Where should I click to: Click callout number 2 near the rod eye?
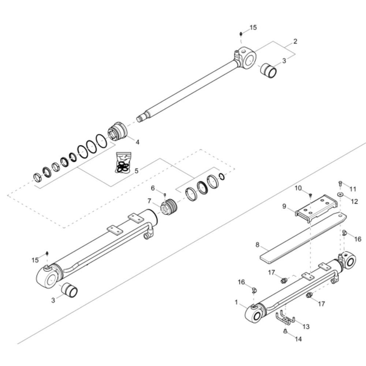pos(295,42)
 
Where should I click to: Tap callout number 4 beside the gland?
pos(138,142)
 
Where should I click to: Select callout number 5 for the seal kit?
pos(136,171)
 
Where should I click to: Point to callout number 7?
pos(149,201)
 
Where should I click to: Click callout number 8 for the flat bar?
pos(257,244)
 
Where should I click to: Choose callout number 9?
pos(284,206)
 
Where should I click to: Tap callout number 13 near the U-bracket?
pos(306,326)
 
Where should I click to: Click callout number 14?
pos(298,339)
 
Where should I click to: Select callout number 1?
pos(236,303)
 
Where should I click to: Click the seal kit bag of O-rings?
pos(123,163)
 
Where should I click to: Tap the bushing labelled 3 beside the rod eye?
pos(268,70)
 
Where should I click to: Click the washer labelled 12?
pos(340,194)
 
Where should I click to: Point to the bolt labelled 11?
pos(340,184)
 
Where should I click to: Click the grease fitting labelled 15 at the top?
pos(241,34)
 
